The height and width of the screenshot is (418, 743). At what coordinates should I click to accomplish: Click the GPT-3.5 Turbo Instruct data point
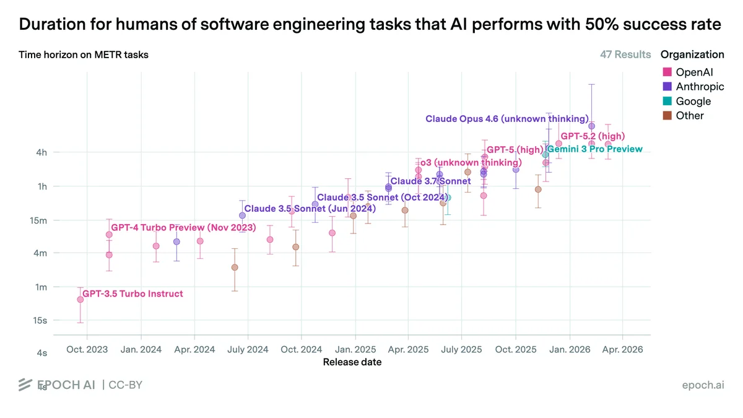pos(80,300)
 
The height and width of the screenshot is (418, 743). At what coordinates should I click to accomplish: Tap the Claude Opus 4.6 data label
pos(507,119)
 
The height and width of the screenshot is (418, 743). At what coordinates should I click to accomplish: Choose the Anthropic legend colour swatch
pos(667,87)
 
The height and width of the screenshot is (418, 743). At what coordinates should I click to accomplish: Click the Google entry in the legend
pos(687,101)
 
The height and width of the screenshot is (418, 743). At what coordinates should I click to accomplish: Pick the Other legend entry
pos(683,115)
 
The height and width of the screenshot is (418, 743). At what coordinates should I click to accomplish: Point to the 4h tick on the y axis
pos(41,152)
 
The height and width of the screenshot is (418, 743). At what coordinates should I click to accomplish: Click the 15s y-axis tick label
pos(40,321)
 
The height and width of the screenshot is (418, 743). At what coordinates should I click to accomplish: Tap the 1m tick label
pos(41,287)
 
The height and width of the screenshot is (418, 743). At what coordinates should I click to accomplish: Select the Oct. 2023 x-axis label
pos(87,349)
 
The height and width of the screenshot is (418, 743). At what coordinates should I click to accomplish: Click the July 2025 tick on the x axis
pos(461,349)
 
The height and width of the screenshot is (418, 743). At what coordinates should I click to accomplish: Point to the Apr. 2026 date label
pos(622,349)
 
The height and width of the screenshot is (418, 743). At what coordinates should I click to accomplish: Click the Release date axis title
pos(352,362)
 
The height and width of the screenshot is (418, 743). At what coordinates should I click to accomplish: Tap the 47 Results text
pos(625,54)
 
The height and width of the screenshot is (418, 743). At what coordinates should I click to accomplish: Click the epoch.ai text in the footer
pos(703,385)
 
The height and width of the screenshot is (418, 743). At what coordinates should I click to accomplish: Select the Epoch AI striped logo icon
pos(25,385)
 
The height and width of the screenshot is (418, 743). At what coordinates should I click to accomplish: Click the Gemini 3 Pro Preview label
pos(595,149)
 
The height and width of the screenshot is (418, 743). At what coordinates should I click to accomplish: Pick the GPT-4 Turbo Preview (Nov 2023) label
pos(183,228)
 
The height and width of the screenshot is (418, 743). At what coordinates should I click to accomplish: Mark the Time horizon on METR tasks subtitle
pos(83,54)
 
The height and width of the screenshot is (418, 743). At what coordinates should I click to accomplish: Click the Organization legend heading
pos(692,54)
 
